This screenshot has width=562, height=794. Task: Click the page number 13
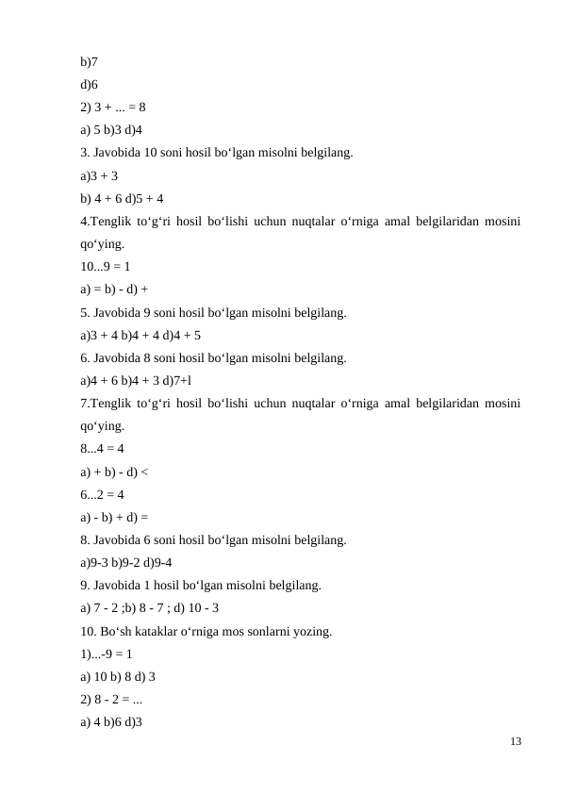click(x=515, y=742)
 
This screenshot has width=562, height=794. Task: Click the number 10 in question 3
click(x=151, y=153)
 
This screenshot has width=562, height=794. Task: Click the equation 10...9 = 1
click(x=106, y=267)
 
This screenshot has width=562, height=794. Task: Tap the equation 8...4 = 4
click(x=103, y=449)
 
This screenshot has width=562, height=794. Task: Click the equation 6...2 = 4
click(x=103, y=494)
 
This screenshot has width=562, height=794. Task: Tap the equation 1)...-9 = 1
click(x=107, y=653)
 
